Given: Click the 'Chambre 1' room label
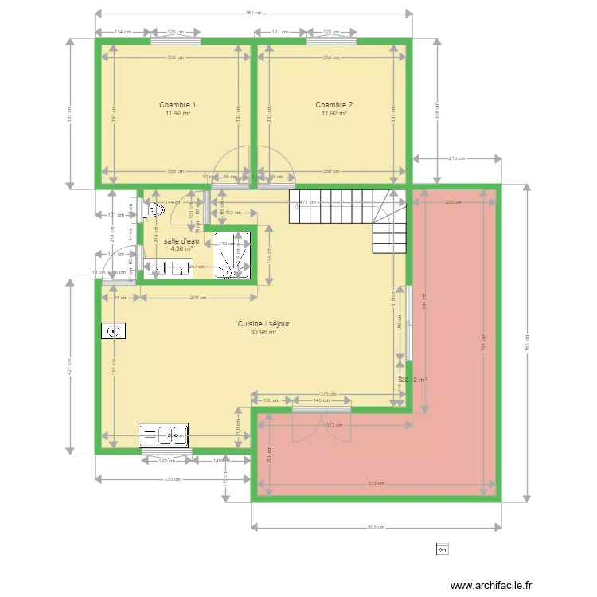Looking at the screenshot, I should coord(178,105).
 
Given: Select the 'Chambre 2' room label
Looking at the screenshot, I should coord(334,105).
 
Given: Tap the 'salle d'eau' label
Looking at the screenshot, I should coord(181,240).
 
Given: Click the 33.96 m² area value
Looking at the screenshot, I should coord(263,333).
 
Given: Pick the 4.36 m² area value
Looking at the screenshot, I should coord(181,248).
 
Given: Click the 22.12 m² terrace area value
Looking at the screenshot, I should coord(414,380).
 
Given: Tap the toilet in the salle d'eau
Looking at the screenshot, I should coord(153,210).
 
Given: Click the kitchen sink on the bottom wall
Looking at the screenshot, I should coord(163,435).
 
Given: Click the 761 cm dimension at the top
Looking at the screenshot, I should coord(254,14).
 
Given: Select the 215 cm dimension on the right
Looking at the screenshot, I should coord(456,158).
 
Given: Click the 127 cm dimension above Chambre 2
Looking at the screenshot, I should coord(279,32).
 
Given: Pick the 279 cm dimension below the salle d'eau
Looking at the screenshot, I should coord(198,298).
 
